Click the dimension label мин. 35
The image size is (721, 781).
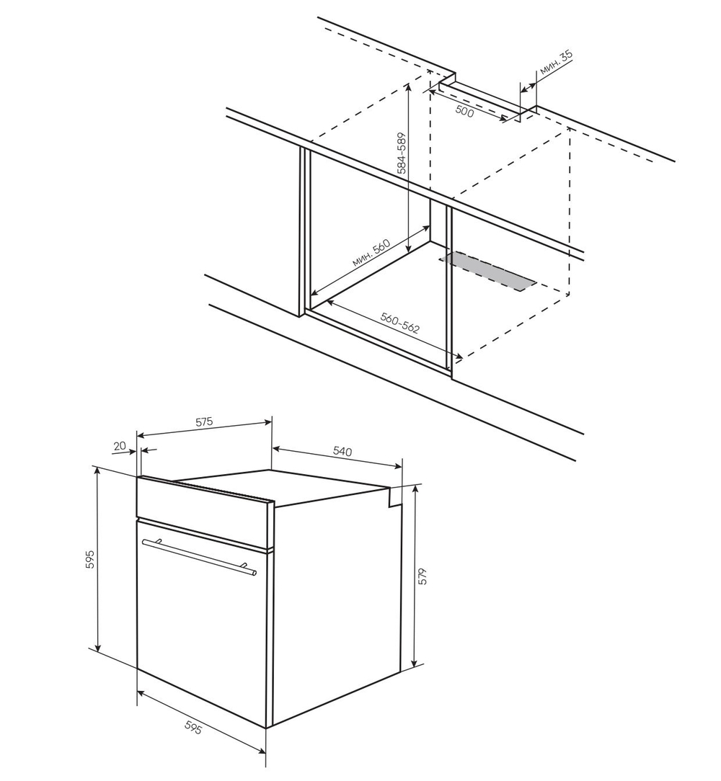point(556,63)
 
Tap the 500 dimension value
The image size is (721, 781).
point(464,112)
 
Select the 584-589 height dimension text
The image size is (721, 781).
point(402,153)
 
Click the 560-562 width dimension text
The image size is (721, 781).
point(400,323)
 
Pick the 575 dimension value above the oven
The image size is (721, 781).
point(203,422)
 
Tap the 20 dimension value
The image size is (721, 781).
point(120,446)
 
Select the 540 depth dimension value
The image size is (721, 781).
point(342,451)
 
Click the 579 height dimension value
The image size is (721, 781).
point(423,576)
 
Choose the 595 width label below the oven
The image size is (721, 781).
point(193,728)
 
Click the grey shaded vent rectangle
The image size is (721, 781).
point(488,272)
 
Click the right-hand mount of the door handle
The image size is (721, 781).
point(245,566)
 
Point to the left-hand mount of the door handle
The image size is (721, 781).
point(158,542)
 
